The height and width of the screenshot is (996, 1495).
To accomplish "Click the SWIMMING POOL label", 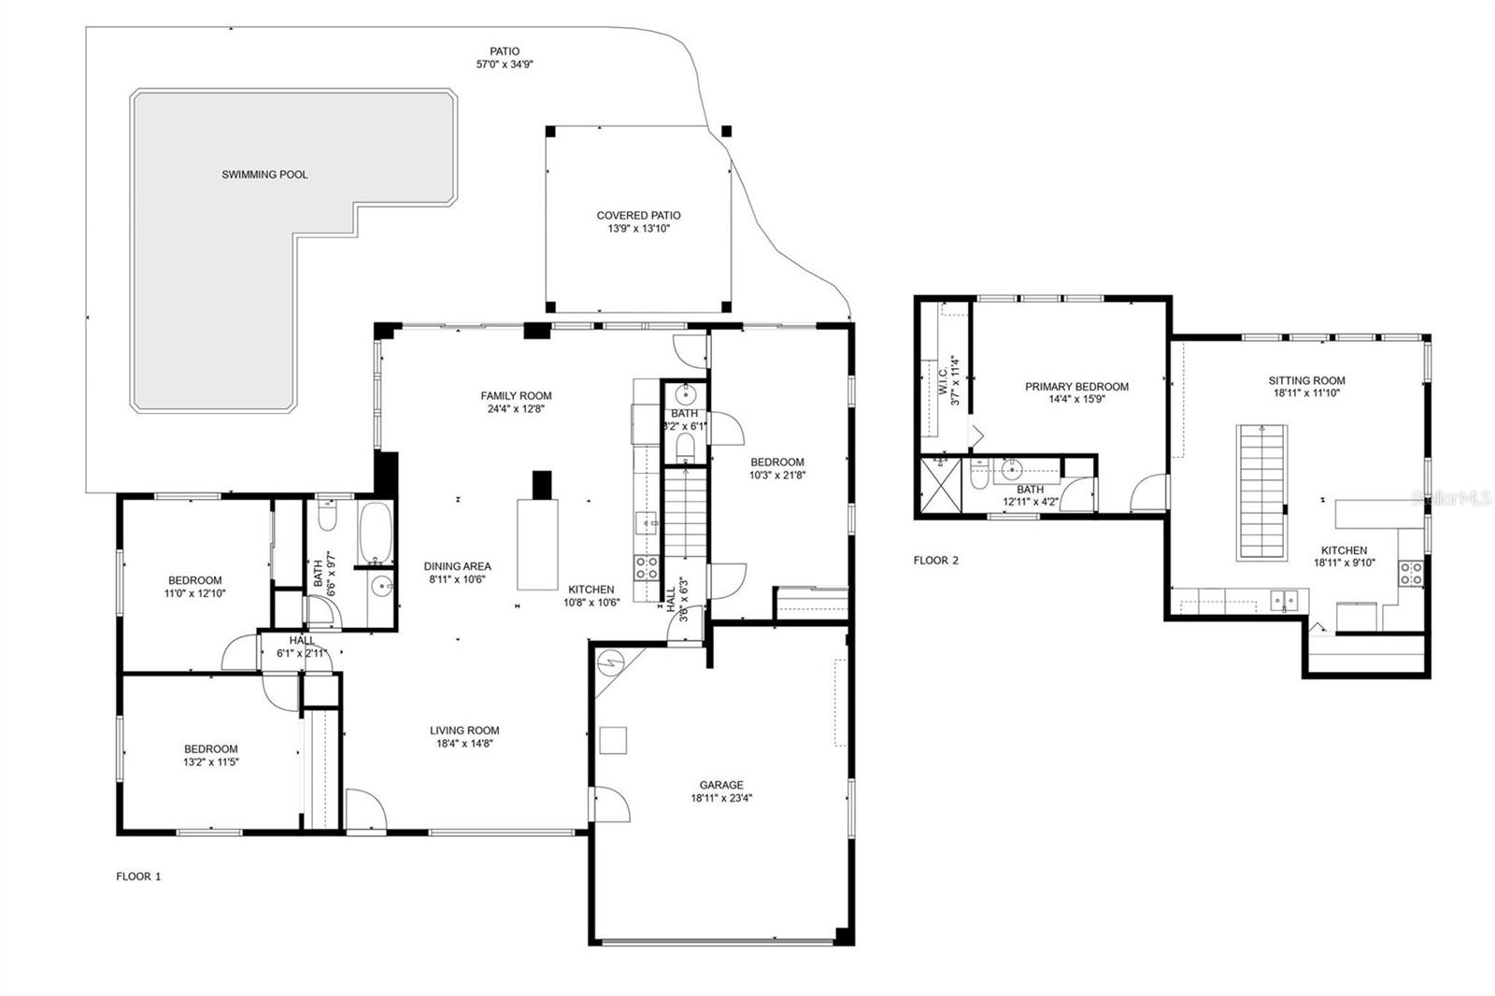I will coord(264,175).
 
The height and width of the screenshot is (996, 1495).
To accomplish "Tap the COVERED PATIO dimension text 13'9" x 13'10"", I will coord(639,228).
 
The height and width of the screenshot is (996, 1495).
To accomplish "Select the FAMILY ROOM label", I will coord(516,395).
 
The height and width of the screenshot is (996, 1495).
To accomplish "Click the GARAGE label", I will coord(721,785).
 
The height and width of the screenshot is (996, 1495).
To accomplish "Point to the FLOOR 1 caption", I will coord(138,876).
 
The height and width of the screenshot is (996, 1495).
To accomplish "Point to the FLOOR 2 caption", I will coord(935,561).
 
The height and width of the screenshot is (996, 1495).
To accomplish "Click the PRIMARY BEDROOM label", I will coord(1076,386).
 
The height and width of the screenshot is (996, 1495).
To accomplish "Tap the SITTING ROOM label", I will coord(1306,380).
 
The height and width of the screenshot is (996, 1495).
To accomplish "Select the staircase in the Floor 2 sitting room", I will coord(1262,492).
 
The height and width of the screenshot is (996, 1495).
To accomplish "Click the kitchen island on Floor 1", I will coord(537,545).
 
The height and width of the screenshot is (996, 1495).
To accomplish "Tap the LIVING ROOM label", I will coord(464,731).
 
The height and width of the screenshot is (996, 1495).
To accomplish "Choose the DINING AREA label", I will coord(457,566).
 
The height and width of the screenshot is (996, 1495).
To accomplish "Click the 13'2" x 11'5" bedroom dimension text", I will coord(210,761).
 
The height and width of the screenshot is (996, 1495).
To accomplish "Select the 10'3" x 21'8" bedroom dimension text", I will coord(776,475).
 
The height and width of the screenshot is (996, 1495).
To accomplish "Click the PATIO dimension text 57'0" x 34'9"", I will coord(505,64).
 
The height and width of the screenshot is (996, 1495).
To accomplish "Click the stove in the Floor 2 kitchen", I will coord(1410,573).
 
